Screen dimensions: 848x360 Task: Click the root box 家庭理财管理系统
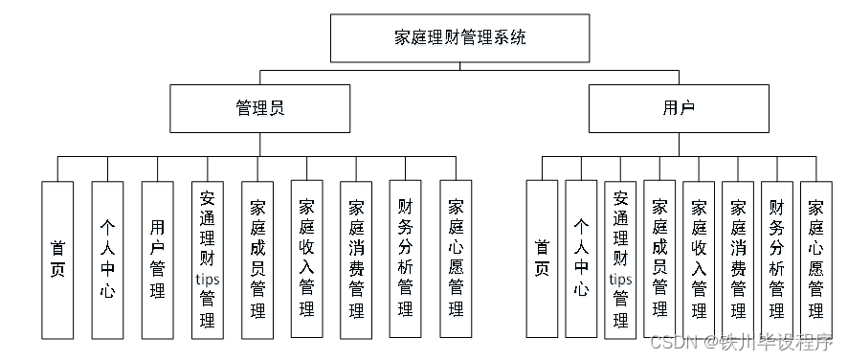coord(459,38)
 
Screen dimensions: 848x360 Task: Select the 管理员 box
coord(260,108)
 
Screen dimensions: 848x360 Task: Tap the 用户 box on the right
coord(679,108)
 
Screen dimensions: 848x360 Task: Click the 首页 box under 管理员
coord(57,259)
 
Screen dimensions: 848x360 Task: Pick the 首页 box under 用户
coord(542,259)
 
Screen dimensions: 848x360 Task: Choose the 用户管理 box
coord(157,259)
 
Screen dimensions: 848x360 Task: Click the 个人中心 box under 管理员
coord(107,259)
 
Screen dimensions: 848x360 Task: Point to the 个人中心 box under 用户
coord(581,259)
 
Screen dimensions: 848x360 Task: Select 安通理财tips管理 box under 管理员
coord(207,259)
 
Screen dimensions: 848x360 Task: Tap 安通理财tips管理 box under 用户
coord(620,259)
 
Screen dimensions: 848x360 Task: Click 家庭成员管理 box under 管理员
coord(257,259)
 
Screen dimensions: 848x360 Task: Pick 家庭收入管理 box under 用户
coord(699,259)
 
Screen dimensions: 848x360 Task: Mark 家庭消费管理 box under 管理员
coord(356,259)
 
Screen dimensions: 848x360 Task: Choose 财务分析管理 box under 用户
coord(777,259)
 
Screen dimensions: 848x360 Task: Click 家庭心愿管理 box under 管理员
coord(456,259)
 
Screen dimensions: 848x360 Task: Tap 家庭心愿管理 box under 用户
coord(816,259)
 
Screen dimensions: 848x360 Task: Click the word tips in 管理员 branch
coord(208,279)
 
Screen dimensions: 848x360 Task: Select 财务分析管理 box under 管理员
coord(406,259)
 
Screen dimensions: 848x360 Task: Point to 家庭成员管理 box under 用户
coord(659,259)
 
